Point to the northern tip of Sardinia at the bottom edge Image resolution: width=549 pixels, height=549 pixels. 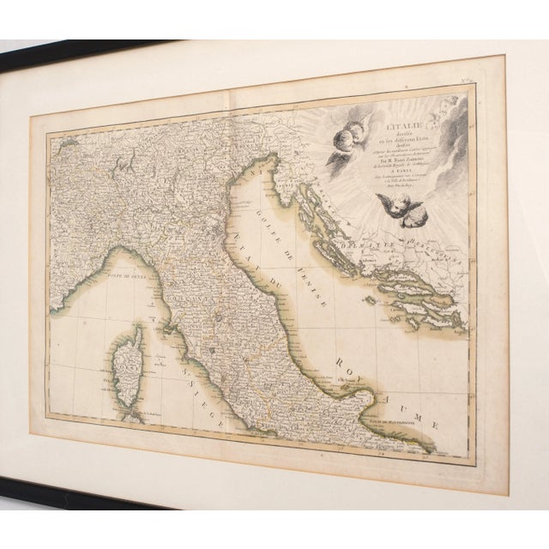point(133,419)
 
